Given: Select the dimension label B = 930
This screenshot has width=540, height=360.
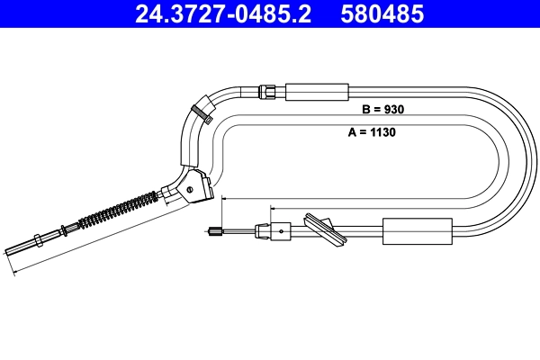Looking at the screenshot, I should click(x=382, y=109).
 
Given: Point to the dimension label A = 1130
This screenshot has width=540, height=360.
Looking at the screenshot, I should click(x=373, y=131).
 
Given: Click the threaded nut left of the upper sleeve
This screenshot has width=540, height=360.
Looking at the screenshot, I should click(x=267, y=91).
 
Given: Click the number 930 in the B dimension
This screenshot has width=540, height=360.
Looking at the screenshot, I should click(x=392, y=109).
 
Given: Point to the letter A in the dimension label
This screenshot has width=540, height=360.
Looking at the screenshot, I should click(x=352, y=131).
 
